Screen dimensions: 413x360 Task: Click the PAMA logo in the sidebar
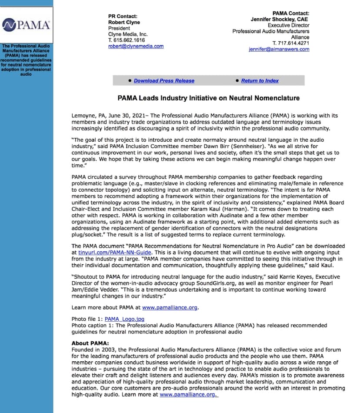(27, 25)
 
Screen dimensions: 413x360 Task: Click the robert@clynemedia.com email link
(136, 47)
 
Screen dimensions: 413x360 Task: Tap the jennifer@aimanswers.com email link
(279, 50)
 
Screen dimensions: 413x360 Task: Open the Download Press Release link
(164, 81)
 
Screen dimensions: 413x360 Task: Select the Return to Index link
(260, 81)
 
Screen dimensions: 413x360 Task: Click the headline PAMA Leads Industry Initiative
(208, 98)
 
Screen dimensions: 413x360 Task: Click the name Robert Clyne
(124, 22)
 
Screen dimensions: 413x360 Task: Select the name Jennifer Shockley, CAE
(280, 20)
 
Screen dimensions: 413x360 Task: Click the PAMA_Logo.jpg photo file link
(124, 319)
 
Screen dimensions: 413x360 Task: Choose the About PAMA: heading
(90, 343)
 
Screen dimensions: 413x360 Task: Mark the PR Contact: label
(125, 16)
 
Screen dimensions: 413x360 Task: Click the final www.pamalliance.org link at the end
(188, 394)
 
